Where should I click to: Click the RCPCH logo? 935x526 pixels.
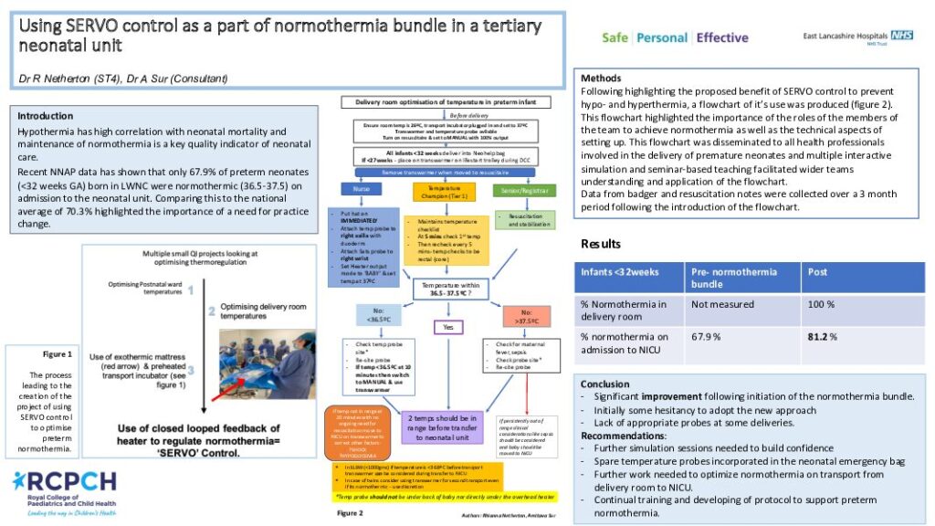coord(65,492)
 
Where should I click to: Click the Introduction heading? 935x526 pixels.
coord(46,116)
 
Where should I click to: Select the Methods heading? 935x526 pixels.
coord(601,79)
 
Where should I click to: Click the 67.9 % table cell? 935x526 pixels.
coord(706,336)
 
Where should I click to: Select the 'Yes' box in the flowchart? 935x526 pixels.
coord(447,326)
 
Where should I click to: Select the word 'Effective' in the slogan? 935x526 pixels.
coord(721,37)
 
